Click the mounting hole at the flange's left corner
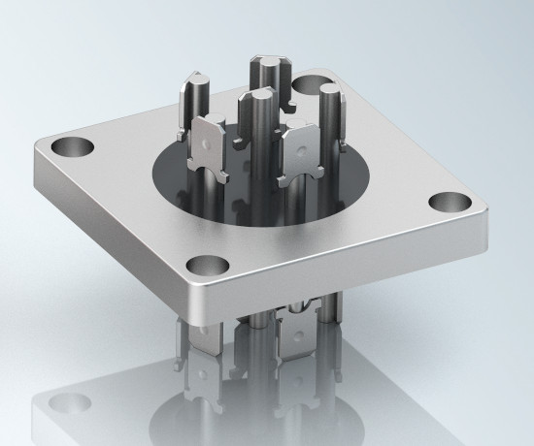pyautogui.click(x=71, y=148)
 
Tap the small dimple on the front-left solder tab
pyautogui.click(x=216, y=141)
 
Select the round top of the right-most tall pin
pyautogui.click(x=331, y=91)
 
